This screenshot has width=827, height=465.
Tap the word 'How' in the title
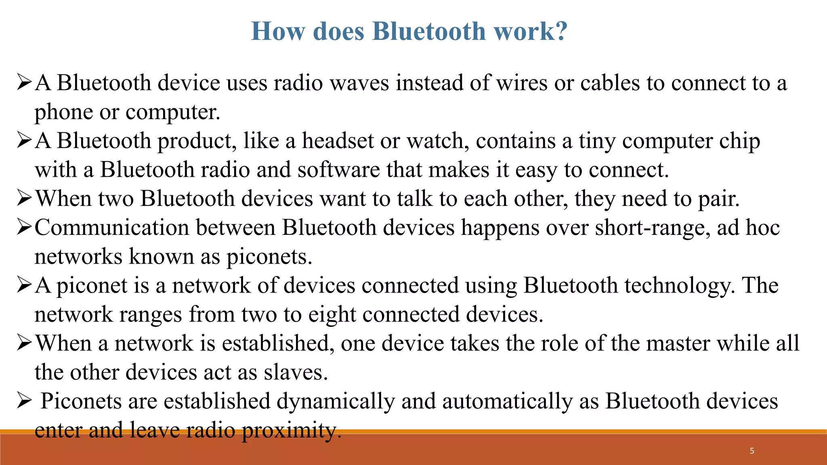[x=278, y=31]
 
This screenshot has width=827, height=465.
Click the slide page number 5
[x=752, y=451]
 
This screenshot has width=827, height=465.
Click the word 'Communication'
[x=112, y=228]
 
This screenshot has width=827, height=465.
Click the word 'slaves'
[x=295, y=373]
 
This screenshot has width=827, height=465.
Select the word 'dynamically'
[x=336, y=402]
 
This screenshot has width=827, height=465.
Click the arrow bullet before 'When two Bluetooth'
[x=24, y=199]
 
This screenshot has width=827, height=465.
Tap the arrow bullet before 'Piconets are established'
[x=24, y=401]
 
